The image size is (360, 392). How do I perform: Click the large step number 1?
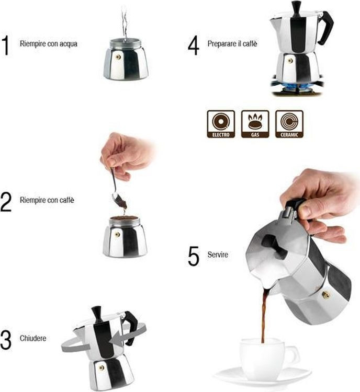[6, 45]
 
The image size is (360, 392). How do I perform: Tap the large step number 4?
[194, 45]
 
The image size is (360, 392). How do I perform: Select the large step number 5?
[194, 256]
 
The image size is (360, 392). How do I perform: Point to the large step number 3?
[6, 340]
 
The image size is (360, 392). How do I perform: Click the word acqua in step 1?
[69, 44]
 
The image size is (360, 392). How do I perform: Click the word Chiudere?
[33, 338]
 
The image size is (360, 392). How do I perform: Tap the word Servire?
[218, 255]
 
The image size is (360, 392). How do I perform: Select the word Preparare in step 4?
[219, 44]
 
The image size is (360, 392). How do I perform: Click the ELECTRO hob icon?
[221, 124]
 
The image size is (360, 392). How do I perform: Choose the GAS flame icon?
[255, 124]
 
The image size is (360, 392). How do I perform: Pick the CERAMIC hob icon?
[289, 124]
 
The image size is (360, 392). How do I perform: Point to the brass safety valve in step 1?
[118, 57]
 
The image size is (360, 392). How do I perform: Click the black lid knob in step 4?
[297, 9]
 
